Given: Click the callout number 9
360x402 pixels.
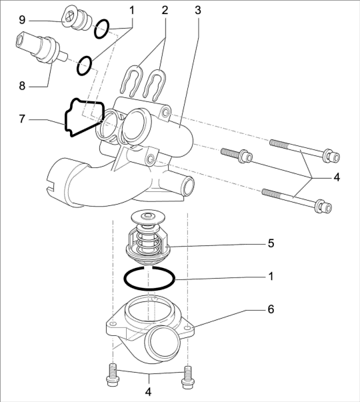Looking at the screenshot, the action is [x=22, y=20].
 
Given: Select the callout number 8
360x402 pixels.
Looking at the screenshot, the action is [x=22, y=86].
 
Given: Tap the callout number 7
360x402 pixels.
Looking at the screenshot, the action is [x=22, y=119].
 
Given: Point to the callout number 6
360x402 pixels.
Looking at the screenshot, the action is [x=271, y=309].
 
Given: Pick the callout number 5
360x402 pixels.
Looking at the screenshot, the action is [x=271, y=243].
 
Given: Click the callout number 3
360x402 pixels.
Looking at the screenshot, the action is [x=198, y=10].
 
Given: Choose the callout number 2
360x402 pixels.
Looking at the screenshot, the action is [x=165, y=10].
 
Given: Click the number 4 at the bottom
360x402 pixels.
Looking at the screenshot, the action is [x=148, y=392].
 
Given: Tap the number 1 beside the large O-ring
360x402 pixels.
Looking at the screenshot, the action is [x=271, y=277].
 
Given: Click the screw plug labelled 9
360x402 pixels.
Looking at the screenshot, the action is [x=77, y=19].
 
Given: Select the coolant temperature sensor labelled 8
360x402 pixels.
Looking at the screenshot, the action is [x=41, y=48].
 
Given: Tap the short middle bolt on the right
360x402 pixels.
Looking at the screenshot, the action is [x=237, y=155].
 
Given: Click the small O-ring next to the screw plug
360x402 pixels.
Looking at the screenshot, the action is [x=101, y=29].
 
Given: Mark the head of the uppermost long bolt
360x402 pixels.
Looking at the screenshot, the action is [x=331, y=156].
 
